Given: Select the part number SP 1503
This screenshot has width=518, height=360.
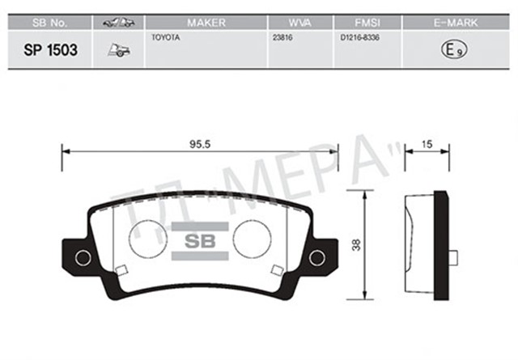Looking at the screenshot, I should [49, 50].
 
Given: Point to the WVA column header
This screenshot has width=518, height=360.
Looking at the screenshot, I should [300, 22].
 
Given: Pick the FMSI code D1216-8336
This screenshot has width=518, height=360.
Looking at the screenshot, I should [359, 38].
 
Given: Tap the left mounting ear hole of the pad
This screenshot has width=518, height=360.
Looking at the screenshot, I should [82, 258].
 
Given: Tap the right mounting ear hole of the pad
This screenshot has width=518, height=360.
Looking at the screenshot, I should [317, 258].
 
